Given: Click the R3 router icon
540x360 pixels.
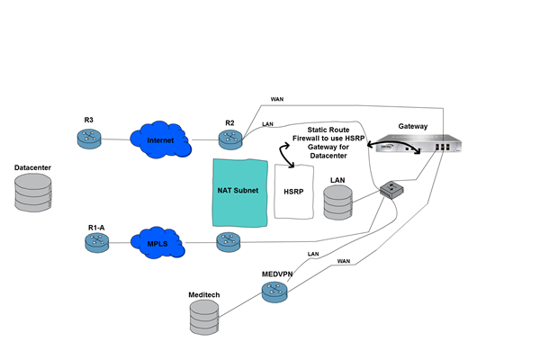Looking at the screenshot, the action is pos(89,139).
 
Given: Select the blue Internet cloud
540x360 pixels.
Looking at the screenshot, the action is pos(160,139).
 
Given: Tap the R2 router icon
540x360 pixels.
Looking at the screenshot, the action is pos(230,139).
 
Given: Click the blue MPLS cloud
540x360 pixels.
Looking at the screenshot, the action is pos(157,242).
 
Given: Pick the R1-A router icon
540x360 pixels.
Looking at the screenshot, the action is pos(97,242).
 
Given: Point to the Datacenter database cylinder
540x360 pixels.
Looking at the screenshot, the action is pos(33,193).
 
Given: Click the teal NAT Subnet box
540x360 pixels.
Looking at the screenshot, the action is pos(240,193).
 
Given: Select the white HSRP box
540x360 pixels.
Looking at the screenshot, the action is pos(293,192).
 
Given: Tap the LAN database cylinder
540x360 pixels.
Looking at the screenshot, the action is pos(337,202).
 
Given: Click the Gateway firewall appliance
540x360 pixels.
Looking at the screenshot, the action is pos(418,143).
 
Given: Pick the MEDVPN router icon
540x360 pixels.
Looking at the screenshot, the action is pos(274,292).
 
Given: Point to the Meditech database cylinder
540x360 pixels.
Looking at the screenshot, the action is pos(204,318).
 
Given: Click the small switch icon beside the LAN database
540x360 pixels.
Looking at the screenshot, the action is pos(391,190).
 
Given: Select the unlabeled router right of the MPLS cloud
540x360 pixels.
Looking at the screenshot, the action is pos(229,242).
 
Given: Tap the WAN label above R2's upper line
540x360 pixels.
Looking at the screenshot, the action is pos(277,99).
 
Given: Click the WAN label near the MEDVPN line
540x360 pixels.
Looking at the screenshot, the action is pos(344,261).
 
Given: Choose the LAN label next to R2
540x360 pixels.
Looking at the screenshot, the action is pos(267,124).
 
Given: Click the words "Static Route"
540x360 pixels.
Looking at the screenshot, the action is pos(328,130).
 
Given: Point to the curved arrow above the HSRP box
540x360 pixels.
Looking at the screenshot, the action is pos(284,155).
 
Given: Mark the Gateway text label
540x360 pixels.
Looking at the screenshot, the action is pos(413,126).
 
